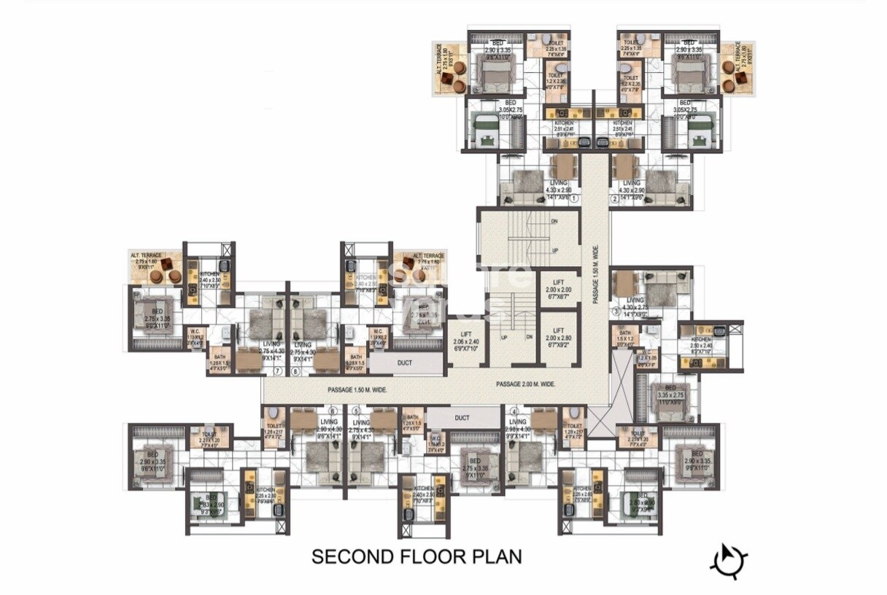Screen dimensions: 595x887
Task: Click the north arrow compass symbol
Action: (x=729, y=560)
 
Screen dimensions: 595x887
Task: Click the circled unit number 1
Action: (x=574, y=198)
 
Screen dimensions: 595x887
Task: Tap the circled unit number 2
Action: (x=614, y=198)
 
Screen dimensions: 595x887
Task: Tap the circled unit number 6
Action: (x=333, y=411)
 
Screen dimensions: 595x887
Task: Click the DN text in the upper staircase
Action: (x=555, y=221)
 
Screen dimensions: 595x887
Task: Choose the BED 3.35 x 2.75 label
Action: (x=670, y=394)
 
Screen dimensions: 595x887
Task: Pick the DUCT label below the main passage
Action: (x=461, y=418)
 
